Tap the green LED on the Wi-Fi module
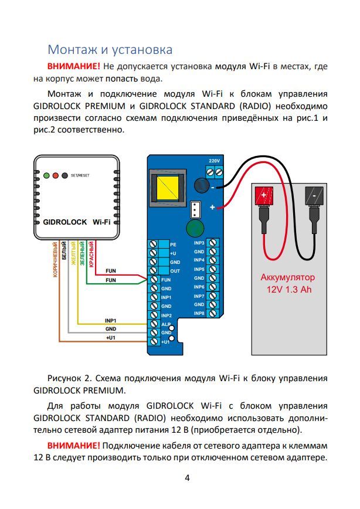click(46, 175)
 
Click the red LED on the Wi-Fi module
click(55, 175)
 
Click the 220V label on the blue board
click(214, 161)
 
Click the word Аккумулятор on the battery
click(287, 277)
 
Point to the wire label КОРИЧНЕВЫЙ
click(55, 259)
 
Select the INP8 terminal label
click(199, 314)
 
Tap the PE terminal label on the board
click(173, 244)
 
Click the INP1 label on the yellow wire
click(111, 321)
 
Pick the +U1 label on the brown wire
click(110, 338)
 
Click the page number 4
click(187, 477)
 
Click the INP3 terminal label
click(199, 242)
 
